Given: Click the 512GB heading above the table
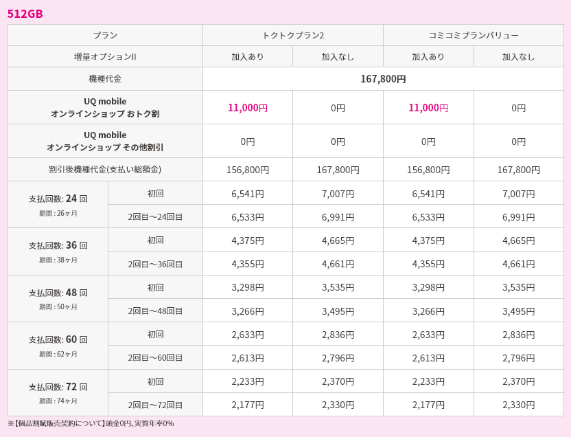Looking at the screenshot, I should coord(25,14).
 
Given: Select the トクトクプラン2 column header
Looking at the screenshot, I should coord(293,35).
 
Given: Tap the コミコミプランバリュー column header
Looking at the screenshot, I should coord(474,35).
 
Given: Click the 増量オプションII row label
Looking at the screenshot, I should coord(105,56).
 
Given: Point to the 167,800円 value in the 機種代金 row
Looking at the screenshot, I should coord(383,79).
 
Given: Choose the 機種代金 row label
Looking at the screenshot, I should coord(105,79).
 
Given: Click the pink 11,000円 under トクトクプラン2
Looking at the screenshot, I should coord(248,108).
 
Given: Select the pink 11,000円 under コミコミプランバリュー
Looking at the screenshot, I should coord(428,108).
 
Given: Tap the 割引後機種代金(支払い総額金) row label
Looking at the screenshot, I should coord(105,169).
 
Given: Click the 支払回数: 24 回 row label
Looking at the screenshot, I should coord(58,199).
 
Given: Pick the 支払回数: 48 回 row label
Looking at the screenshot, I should coord(58,293).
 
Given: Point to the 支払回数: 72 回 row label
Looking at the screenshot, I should coord(58,387).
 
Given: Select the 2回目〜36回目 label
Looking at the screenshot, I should coord(155,264).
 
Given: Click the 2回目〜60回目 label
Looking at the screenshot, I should coord(155,358).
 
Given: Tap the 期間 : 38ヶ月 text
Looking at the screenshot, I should coord(58,260).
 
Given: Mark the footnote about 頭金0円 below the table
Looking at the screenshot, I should coord(91,423).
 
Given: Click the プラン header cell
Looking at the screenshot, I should coord(105,35).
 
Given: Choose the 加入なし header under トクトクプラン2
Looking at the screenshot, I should coord(338,56).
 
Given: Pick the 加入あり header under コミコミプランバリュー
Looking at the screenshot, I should coord(428,56).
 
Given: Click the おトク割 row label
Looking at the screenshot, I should coord(105,107).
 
